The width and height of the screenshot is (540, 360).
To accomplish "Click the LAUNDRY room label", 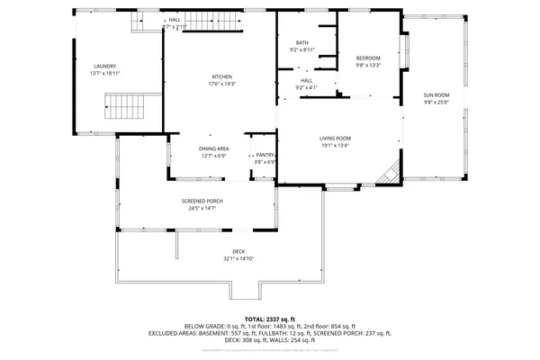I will tap(105, 66).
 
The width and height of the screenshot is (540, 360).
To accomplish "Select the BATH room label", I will tap(302, 43).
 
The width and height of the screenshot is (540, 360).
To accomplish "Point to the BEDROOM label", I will tap(367, 58).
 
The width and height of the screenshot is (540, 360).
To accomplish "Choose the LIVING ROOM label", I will tap(334, 139).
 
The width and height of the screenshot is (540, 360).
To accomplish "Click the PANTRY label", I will tap(265, 156).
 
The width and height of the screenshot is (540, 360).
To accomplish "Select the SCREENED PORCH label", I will tap(202, 201).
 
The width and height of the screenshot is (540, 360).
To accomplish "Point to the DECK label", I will tap(238, 251).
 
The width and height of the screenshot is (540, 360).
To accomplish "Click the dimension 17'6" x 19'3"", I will tap(222, 83).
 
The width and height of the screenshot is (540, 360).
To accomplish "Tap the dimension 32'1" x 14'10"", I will tap(238, 258).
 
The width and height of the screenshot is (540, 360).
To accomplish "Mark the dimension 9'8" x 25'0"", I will tap(436, 102).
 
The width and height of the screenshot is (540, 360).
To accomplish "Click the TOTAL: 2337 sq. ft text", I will tap(269, 318).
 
